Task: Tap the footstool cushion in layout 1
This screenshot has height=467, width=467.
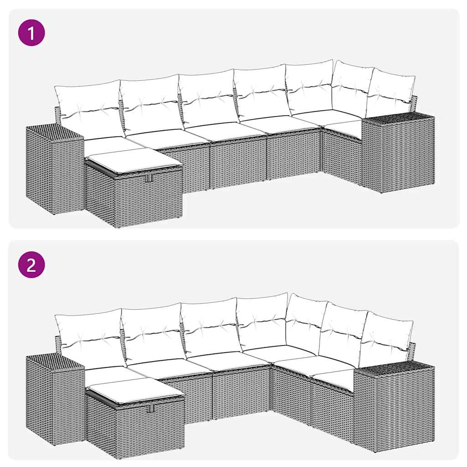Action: [132, 161]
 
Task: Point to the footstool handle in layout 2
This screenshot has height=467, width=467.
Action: [150, 409]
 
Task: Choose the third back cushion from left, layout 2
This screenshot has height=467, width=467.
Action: [210, 326]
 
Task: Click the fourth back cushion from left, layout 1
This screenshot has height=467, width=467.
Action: [260, 91]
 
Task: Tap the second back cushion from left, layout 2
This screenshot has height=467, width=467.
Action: [152, 332]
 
